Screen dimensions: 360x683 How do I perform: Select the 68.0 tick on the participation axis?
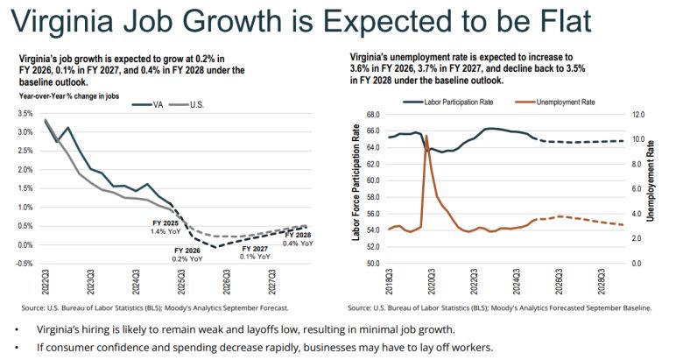click(368, 114)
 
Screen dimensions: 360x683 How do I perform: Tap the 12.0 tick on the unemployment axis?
click(637, 114)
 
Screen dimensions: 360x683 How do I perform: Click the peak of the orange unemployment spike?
click(426, 136)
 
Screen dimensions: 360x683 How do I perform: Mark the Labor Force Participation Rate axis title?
click(356, 189)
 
